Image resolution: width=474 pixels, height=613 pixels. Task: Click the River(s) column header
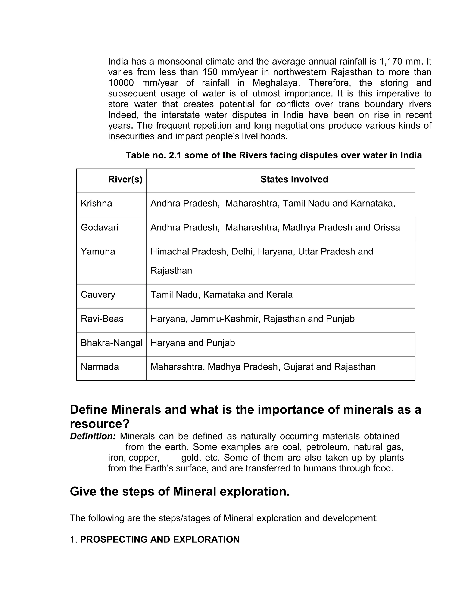tap(125, 179)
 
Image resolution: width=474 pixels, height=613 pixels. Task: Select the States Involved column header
tap(294, 179)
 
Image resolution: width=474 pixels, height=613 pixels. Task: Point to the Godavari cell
tap(99, 227)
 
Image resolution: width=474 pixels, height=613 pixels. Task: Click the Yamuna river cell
tap(98, 251)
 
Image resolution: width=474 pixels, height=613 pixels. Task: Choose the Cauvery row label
tap(98, 295)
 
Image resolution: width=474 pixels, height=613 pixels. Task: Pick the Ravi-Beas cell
tap(102, 319)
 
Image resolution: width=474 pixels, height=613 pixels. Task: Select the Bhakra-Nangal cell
tap(112, 343)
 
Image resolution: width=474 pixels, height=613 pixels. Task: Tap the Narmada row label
tap(100, 367)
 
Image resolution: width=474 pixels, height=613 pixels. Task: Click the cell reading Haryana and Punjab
tap(193, 343)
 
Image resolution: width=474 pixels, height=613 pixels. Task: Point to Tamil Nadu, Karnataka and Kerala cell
tap(221, 295)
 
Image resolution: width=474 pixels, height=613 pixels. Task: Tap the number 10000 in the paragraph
tap(121, 83)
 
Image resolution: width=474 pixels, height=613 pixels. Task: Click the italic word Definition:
tap(93, 436)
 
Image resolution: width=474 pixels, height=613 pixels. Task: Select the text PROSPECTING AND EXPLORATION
tap(159, 539)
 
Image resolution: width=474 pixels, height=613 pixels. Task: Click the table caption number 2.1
tap(175, 155)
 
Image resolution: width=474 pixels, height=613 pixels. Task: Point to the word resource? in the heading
tap(100, 424)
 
